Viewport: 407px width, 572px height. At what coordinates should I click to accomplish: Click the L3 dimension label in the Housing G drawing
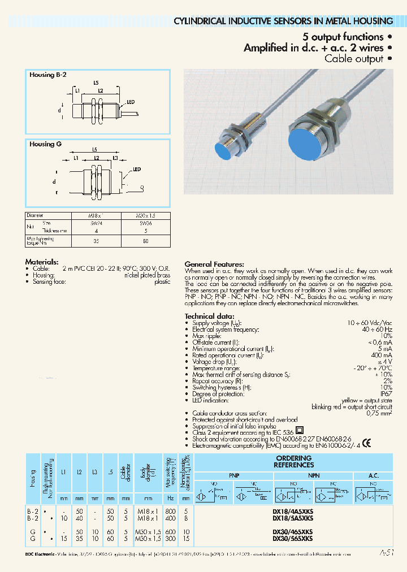115,158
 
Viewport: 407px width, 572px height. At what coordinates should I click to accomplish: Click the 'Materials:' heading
42,262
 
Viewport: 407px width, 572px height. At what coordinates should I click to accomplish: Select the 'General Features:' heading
214,264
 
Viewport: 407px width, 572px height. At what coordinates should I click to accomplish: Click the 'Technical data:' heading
209,316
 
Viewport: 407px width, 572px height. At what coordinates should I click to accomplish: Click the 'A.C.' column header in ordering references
373,475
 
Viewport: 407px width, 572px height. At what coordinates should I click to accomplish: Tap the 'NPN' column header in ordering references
314,475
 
